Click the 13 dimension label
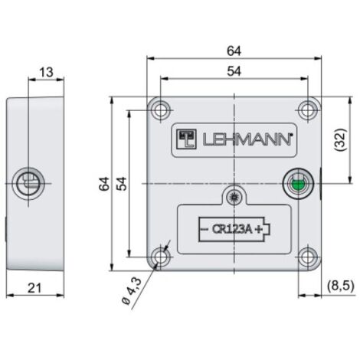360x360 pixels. (x=46, y=72)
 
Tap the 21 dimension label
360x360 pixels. (x=34, y=288)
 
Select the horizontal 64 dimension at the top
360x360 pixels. (x=234, y=51)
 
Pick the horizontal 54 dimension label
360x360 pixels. (x=234, y=71)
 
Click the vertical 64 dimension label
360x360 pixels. (x=104, y=184)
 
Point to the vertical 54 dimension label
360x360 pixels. (x=122, y=184)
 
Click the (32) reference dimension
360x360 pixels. (x=341, y=140)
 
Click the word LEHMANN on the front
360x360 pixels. (x=247, y=139)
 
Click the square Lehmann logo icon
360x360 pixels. (x=186, y=139)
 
